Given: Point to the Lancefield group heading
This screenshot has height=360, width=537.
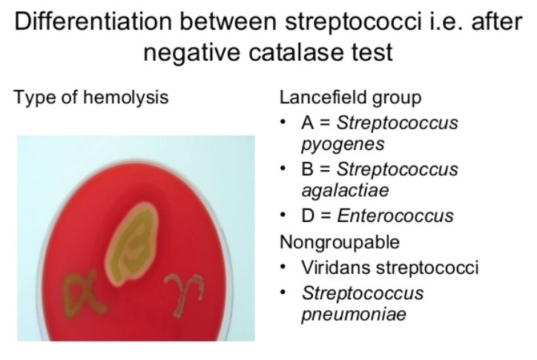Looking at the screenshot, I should [350, 98].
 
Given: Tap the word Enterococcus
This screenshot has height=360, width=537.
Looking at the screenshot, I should [395, 216].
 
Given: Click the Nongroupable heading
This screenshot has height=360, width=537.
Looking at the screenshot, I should [340, 242].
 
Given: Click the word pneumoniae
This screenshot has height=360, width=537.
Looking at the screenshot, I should [343, 314].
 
